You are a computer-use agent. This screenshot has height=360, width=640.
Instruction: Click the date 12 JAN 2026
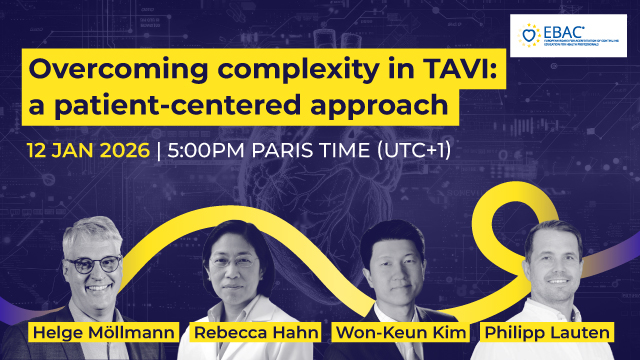coord(88,153)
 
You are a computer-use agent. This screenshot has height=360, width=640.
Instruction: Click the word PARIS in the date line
coord(290,153)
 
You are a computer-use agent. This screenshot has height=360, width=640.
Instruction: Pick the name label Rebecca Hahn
coord(236,331)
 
